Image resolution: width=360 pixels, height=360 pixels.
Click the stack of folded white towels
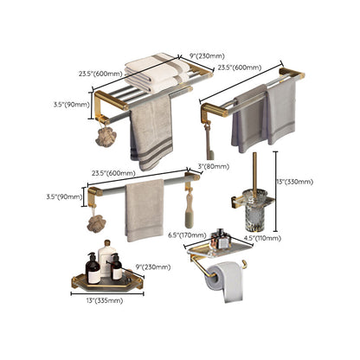click(x=149, y=72)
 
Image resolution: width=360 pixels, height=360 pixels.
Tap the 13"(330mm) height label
click(x=293, y=183)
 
